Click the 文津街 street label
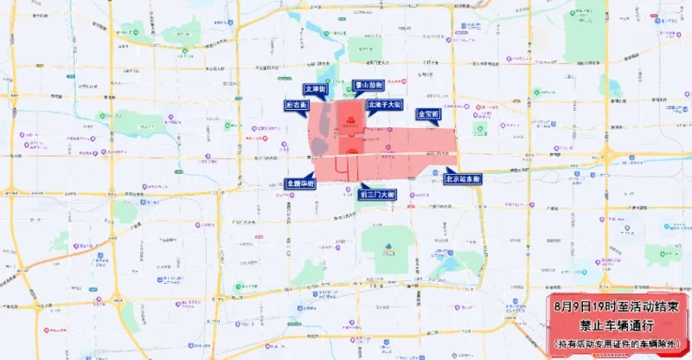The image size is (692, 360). coord(314,89)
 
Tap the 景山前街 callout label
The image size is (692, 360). coord(367,86)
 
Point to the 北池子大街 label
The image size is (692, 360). coord(385,105)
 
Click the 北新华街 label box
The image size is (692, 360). coord(300,183)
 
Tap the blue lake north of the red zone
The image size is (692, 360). coord(332,39)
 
